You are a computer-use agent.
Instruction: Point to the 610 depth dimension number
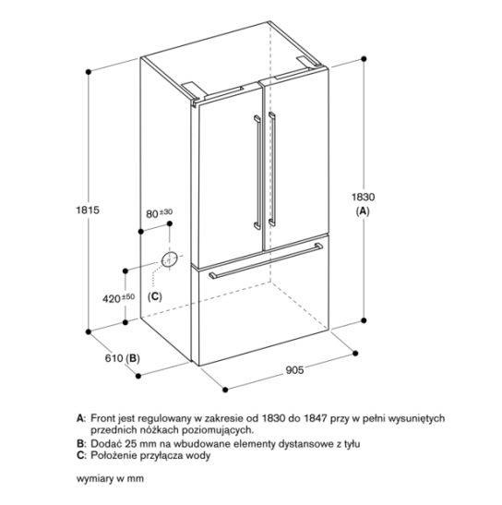pos(111,358)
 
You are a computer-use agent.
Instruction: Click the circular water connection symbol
pos(167,260)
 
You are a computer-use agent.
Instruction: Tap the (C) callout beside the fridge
pos(155,296)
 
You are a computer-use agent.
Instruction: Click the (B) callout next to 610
pos(133,358)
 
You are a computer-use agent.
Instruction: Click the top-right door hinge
pos(305,63)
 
